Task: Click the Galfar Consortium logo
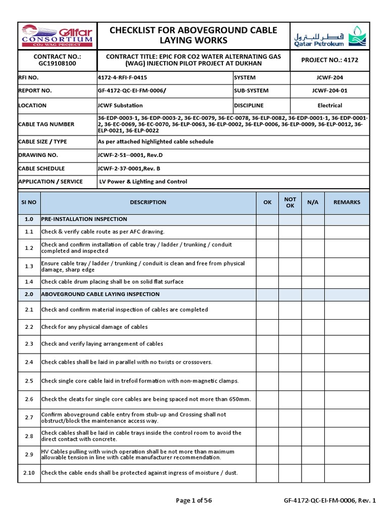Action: tap(57, 35)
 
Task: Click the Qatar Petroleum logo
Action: tap(332, 36)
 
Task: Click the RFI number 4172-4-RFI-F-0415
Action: tap(123, 78)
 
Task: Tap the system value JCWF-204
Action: tap(329, 78)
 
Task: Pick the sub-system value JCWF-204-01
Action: tap(329, 91)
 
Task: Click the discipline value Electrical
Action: tap(329, 106)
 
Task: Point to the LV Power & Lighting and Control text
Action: tap(143, 182)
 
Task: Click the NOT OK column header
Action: tap(290, 202)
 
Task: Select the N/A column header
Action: tap(313, 202)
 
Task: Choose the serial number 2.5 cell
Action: tap(29, 381)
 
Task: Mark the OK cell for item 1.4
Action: tap(267, 282)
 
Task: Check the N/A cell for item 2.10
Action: tap(313, 473)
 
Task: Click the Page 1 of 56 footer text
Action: tap(193, 501)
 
